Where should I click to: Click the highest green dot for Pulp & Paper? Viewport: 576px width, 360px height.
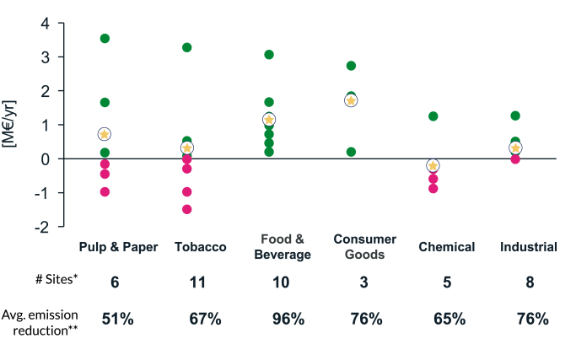pos(105,38)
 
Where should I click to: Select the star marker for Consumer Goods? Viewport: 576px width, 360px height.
pos(351,100)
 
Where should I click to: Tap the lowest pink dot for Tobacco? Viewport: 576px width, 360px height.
pos(186,209)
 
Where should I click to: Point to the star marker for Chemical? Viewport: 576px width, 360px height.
pos(433,165)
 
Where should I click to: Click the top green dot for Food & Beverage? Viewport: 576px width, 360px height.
pos(269,55)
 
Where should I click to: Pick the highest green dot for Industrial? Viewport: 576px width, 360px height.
pos(515,116)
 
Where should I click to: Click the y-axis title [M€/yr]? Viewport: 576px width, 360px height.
pos(10,126)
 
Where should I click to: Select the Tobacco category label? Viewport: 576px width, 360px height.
pos(200,247)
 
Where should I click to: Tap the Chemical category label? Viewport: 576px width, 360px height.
pos(447,247)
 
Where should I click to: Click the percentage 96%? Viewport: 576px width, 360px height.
pos(287,320)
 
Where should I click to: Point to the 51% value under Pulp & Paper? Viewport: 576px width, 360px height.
pos(115,320)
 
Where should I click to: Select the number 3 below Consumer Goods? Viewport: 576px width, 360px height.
pos(363,283)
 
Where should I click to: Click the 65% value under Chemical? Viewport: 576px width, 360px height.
pos(449,320)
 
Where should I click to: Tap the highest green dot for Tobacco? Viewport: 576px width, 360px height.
pos(186,47)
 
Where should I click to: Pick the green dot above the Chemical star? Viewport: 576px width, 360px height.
pos(433,116)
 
